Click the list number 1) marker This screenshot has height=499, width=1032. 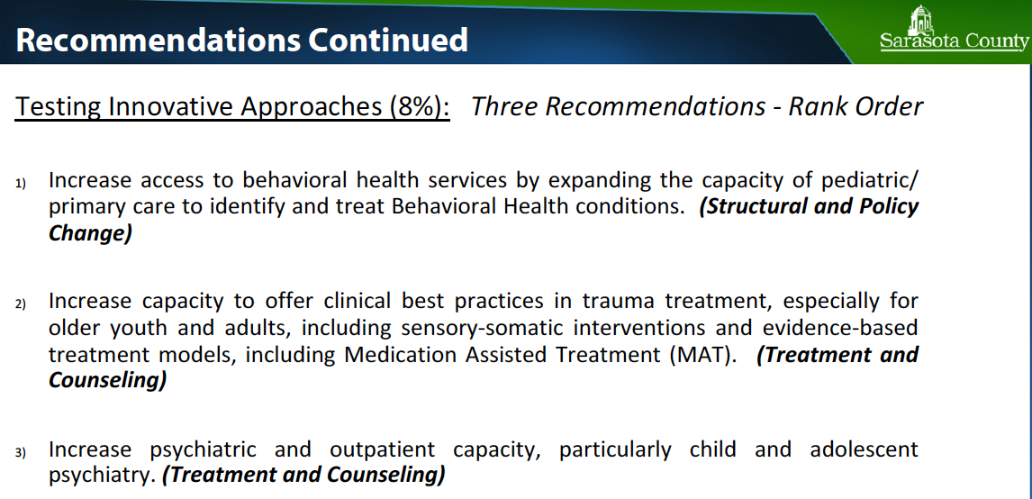21,184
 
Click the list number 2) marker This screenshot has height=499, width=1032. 21,304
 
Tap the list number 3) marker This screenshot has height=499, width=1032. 21,452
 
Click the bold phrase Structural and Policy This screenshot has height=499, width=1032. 809,205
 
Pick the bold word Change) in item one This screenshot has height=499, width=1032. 90,232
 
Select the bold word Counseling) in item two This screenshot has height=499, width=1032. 108,379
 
